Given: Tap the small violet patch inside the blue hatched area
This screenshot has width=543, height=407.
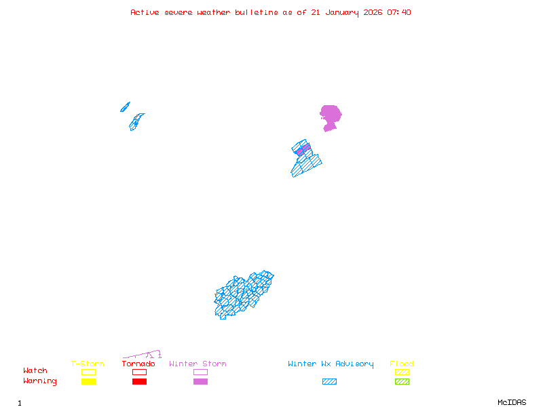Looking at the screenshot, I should [x=303, y=149].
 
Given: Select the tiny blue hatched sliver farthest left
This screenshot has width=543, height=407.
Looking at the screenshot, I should [x=125, y=106].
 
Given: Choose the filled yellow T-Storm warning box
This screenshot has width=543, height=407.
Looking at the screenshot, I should [x=88, y=381].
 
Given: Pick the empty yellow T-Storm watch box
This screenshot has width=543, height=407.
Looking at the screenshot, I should [x=88, y=372].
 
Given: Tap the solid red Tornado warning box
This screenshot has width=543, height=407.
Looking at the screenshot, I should [x=139, y=381].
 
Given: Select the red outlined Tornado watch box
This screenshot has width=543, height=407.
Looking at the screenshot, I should [x=139, y=372].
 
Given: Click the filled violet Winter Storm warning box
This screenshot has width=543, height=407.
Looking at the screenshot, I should [x=200, y=381].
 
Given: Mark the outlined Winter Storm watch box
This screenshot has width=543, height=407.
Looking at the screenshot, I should [x=200, y=372].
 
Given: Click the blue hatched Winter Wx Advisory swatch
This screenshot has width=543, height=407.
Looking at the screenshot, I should [x=329, y=381].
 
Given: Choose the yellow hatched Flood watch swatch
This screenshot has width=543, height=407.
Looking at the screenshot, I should [x=402, y=372].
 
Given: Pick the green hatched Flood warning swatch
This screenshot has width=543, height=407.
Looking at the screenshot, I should [x=402, y=381].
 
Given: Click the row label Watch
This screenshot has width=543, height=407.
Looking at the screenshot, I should [x=35, y=371].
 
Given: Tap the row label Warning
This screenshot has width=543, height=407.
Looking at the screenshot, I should [x=40, y=381].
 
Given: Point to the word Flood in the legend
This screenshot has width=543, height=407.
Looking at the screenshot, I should [x=402, y=364].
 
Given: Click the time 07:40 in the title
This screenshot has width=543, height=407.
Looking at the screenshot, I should [x=399, y=12].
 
